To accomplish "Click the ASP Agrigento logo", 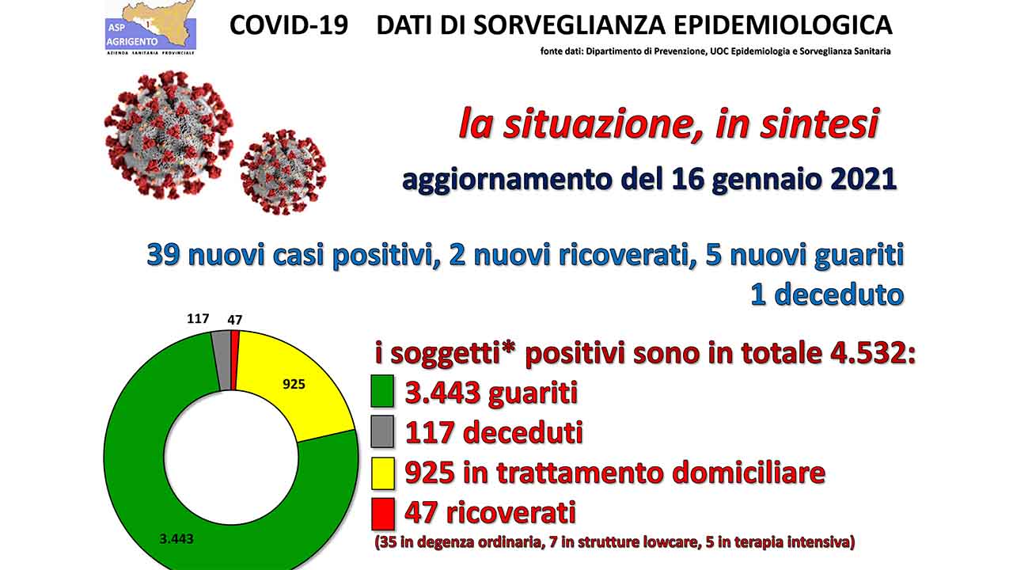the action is (x=150, y=28).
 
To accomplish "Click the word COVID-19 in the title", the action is (x=289, y=25).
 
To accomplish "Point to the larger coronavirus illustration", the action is (x=169, y=135).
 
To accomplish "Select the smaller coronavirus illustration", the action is (x=283, y=172).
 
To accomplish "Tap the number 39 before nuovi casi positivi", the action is (x=164, y=256).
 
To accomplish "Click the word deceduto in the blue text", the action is (x=839, y=295).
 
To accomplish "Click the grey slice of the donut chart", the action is (x=222, y=360).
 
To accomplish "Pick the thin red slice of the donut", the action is (x=234, y=360).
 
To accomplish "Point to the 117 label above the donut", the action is (x=198, y=319).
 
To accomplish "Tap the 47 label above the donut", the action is (x=235, y=321).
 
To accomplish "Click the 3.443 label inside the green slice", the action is (x=176, y=539).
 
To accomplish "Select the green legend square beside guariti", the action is (x=382, y=391).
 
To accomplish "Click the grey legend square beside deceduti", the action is (x=382, y=431).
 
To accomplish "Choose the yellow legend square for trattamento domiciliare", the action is (x=382, y=473).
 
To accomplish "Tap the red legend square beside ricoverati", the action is (x=382, y=514).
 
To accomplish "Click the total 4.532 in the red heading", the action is (x=869, y=353).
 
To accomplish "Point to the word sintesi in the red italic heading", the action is (x=819, y=124).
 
